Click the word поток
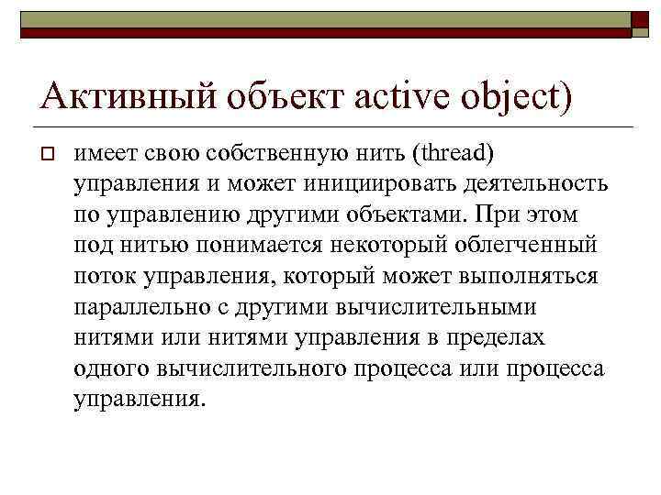104,277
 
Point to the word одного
108,369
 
